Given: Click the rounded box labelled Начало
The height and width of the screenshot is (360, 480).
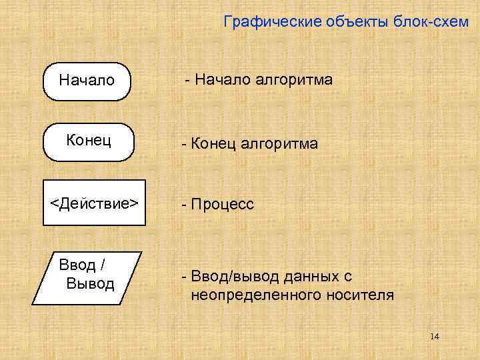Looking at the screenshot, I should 87,81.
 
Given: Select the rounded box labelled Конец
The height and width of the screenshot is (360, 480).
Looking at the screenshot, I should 89,142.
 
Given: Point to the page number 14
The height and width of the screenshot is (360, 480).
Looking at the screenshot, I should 435,336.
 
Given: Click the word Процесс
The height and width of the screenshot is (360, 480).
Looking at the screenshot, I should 223,205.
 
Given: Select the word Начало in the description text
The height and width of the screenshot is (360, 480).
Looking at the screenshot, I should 221,80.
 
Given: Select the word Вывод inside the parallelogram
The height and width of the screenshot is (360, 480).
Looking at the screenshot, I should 91,284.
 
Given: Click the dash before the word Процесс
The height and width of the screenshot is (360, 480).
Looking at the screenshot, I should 180,204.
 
